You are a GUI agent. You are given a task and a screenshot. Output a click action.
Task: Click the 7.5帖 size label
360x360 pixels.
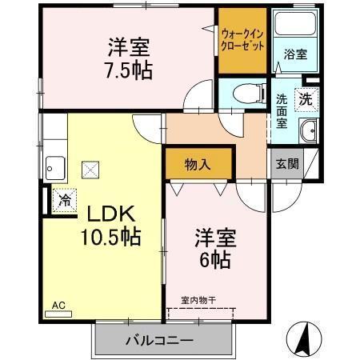pyautogui.click(x=129, y=71)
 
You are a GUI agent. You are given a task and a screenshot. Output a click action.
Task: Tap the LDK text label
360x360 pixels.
pyautogui.click(x=110, y=214)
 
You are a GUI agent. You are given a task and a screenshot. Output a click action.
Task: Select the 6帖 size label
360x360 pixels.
pyautogui.click(x=215, y=260)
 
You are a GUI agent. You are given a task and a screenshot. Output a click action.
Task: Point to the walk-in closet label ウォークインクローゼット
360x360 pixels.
pyautogui.click(x=242, y=40)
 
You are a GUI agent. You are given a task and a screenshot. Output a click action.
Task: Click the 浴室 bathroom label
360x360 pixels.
pyautogui.click(x=295, y=54)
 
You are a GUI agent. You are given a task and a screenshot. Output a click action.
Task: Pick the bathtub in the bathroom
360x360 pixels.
pyautogui.click(x=295, y=23)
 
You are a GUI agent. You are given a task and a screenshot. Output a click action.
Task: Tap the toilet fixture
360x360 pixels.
pyautogui.click(x=250, y=94)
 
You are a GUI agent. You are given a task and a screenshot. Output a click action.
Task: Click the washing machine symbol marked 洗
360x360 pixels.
pyautogui.click(x=306, y=99)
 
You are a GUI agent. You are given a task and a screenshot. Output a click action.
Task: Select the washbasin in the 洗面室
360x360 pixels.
pyautogui.click(x=309, y=130)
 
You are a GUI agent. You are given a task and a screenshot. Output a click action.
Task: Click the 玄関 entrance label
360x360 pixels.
pyautogui.click(x=287, y=164)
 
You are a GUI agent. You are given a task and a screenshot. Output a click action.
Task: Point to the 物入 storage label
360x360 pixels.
pyautogui.click(x=198, y=165)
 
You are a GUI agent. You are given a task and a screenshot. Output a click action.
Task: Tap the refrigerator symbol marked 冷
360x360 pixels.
pyautogui.click(x=64, y=201)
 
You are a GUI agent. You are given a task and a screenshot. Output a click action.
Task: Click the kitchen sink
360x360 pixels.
pyautogui.click(x=55, y=168)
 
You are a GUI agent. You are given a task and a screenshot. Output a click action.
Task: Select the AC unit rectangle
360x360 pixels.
pyautogui.click(x=58, y=314)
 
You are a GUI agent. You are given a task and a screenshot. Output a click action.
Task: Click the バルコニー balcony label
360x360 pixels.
pyautogui.click(x=159, y=341)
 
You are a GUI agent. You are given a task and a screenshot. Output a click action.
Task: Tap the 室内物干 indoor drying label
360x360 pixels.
pyautogui.click(x=198, y=301)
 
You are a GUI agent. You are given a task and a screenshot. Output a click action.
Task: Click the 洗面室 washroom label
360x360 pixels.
pyautogui.click(x=282, y=111)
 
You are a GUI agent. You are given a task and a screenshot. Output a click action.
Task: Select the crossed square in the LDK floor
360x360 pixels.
pyautogui.click(x=90, y=170)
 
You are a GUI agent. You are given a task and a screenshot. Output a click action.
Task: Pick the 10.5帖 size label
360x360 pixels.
pyautogui.click(x=110, y=237)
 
